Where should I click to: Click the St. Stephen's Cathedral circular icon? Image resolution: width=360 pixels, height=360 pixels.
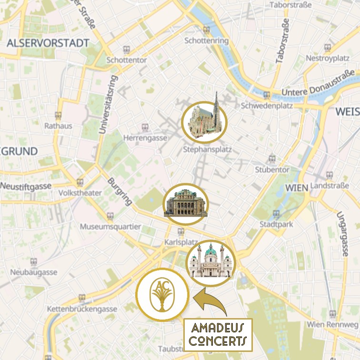coord(205,122)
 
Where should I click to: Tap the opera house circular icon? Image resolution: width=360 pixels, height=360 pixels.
coord(186,204)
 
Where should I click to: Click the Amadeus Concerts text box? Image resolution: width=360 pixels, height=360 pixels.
coord(218,334)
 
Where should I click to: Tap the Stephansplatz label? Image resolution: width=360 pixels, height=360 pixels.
coord(207,150)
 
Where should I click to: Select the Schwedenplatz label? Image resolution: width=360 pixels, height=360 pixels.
coord(267,105)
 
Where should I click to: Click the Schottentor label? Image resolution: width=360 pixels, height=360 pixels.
coord(127,60)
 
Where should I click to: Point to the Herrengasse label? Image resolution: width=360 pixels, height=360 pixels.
coord(145,138)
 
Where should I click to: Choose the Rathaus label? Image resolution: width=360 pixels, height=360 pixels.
coord(58,126)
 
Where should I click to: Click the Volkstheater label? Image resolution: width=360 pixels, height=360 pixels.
coord(80,193)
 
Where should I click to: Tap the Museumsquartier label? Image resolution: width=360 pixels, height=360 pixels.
coord(110,226)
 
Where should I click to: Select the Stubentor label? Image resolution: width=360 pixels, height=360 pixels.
coord(272,169)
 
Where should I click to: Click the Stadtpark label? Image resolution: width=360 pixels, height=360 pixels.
coord(276,224)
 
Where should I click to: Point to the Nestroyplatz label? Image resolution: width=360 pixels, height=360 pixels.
coord(327,58)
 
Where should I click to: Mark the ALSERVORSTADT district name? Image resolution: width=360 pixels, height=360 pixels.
coord(48,43)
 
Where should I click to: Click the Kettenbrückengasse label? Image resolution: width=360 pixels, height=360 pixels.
coord(82,309)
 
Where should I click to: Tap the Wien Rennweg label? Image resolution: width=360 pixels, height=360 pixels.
coord(332,325)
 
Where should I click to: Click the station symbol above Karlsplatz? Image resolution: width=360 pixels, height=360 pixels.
coord(180,231)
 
